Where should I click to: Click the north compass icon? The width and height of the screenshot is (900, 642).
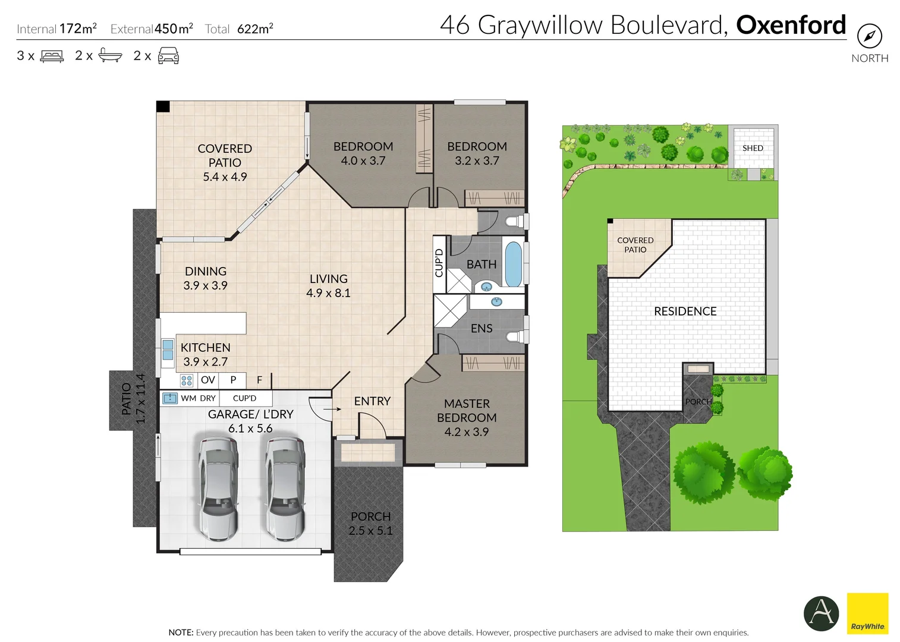click(x=869, y=36)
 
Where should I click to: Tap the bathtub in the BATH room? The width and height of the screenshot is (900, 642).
click(x=513, y=264)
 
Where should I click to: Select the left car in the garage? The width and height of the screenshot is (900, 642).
click(x=218, y=488)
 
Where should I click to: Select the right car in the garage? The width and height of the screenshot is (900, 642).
click(x=285, y=488)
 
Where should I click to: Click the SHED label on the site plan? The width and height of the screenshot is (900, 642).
click(x=753, y=148)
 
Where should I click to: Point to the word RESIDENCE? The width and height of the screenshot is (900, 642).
click(x=685, y=311)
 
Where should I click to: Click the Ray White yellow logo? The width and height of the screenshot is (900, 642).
click(x=867, y=613)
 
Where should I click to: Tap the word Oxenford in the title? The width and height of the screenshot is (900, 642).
click(x=791, y=25)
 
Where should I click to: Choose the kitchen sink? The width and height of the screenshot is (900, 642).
click(x=168, y=350)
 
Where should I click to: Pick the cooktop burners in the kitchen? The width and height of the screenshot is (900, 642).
click(x=187, y=380)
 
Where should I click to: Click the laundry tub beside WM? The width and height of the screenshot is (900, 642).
click(x=170, y=398)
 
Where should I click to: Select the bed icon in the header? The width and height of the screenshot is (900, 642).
click(x=52, y=56)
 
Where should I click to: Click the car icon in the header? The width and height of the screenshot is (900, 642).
click(x=168, y=56)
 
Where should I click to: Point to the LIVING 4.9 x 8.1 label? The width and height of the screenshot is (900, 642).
click(x=328, y=286)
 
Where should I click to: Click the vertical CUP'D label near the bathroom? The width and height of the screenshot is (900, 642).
click(x=439, y=263)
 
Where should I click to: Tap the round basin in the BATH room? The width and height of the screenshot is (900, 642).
click(x=487, y=287)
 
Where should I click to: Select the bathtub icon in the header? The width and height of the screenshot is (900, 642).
click(x=110, y=55)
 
